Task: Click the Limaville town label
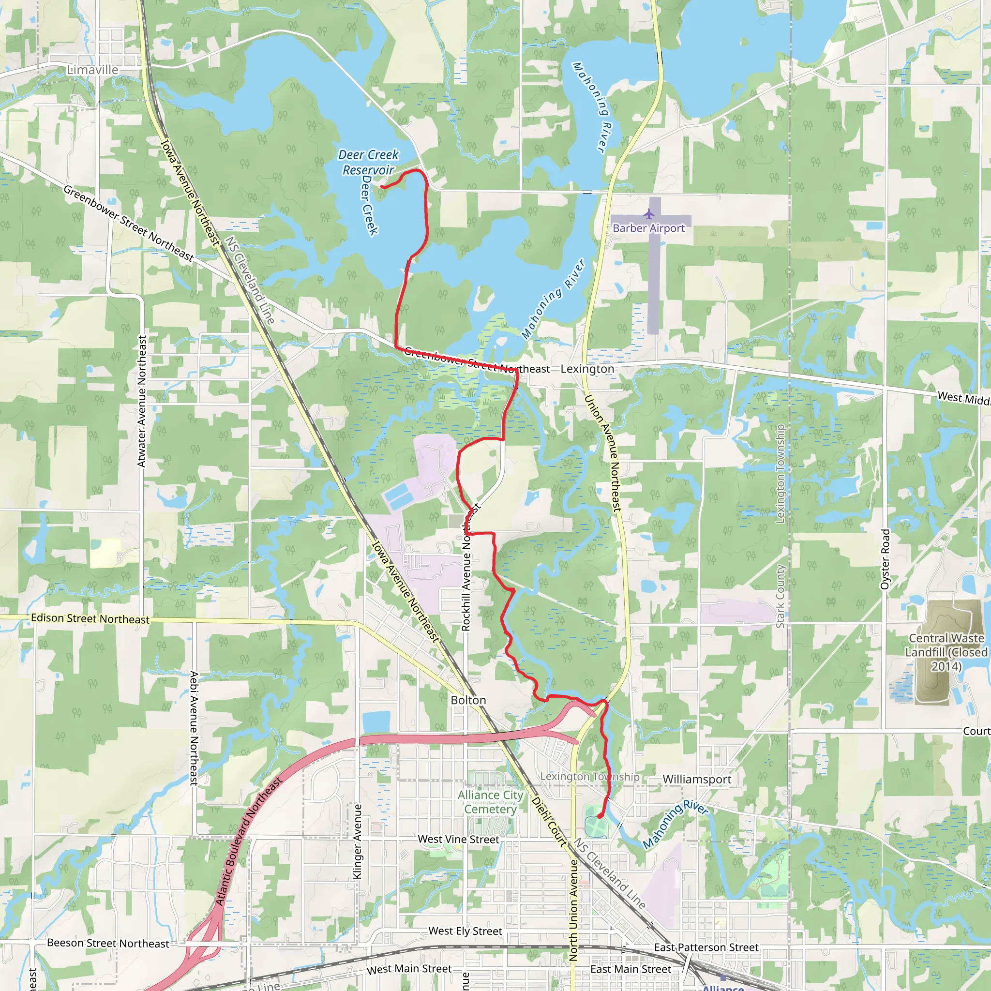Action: [93, 70]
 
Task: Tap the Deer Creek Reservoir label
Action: [368, 162]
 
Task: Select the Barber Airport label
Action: [648, 228]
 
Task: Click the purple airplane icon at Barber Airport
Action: [649, 214]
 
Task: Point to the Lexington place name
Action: [587, 369]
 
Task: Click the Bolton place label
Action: [468, 700]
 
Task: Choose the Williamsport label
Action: [697, 779]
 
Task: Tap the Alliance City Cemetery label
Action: [490, 802]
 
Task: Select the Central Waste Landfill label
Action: [946, 652]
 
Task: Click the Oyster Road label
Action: [885, 559]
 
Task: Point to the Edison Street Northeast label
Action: [90, 618]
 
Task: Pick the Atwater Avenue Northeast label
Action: [142, 401]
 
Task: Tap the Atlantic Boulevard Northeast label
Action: [248, 841]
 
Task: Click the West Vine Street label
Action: [458, 839]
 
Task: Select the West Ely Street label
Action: [465, 931]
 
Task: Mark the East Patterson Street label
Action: [706, 947]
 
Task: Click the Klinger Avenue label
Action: [358, 841]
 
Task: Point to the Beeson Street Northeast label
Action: [108, 943]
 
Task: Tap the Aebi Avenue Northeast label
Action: [194, 728]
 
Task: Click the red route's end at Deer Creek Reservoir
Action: [383, 187]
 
